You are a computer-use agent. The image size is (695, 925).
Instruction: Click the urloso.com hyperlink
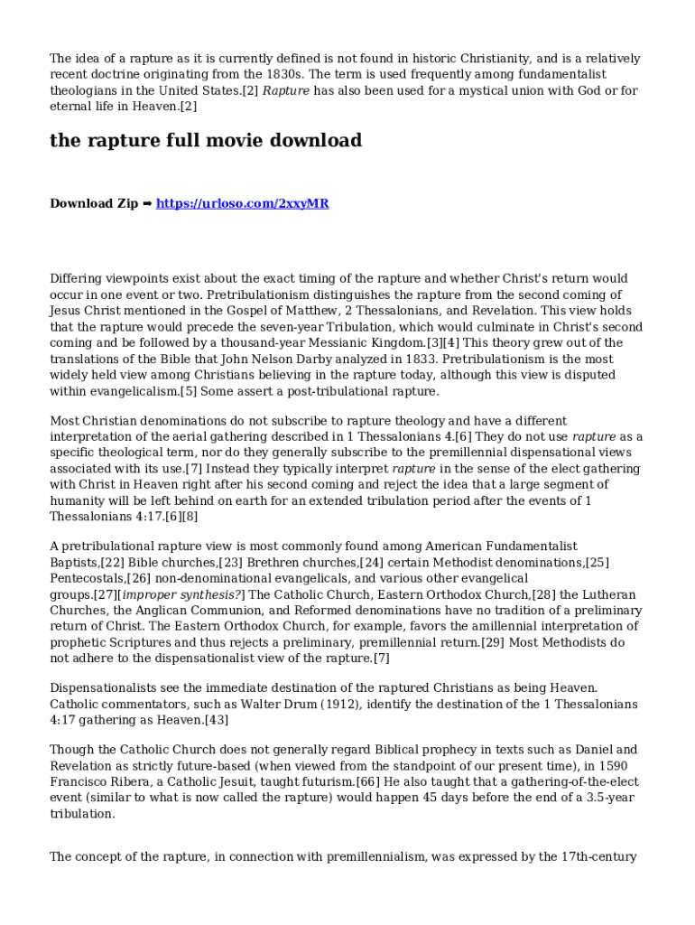[242, 203]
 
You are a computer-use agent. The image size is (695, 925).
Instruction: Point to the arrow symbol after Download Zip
[147, 203]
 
